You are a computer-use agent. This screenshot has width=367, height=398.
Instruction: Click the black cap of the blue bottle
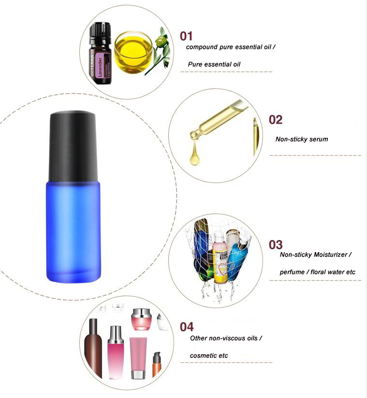click(73, 145)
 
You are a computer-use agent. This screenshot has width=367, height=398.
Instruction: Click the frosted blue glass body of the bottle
click(73, 232)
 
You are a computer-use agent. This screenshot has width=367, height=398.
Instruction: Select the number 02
click(275, 120)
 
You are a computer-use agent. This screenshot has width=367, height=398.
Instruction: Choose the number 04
click(187, 327)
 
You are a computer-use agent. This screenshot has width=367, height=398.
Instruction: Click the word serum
click(319, 139)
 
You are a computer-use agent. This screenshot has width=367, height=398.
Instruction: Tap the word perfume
click(293, 272)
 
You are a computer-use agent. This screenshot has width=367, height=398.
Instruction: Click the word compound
click(202, 47)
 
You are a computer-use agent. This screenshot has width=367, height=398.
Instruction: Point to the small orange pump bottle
click(156, 366)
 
